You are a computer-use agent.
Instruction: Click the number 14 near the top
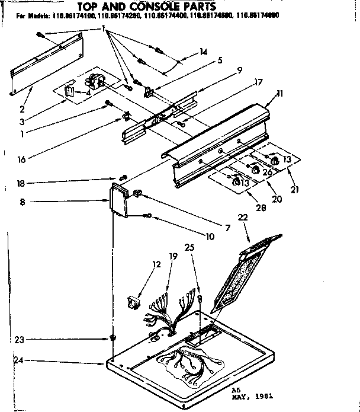pyautogui.click(x=203, y=52)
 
